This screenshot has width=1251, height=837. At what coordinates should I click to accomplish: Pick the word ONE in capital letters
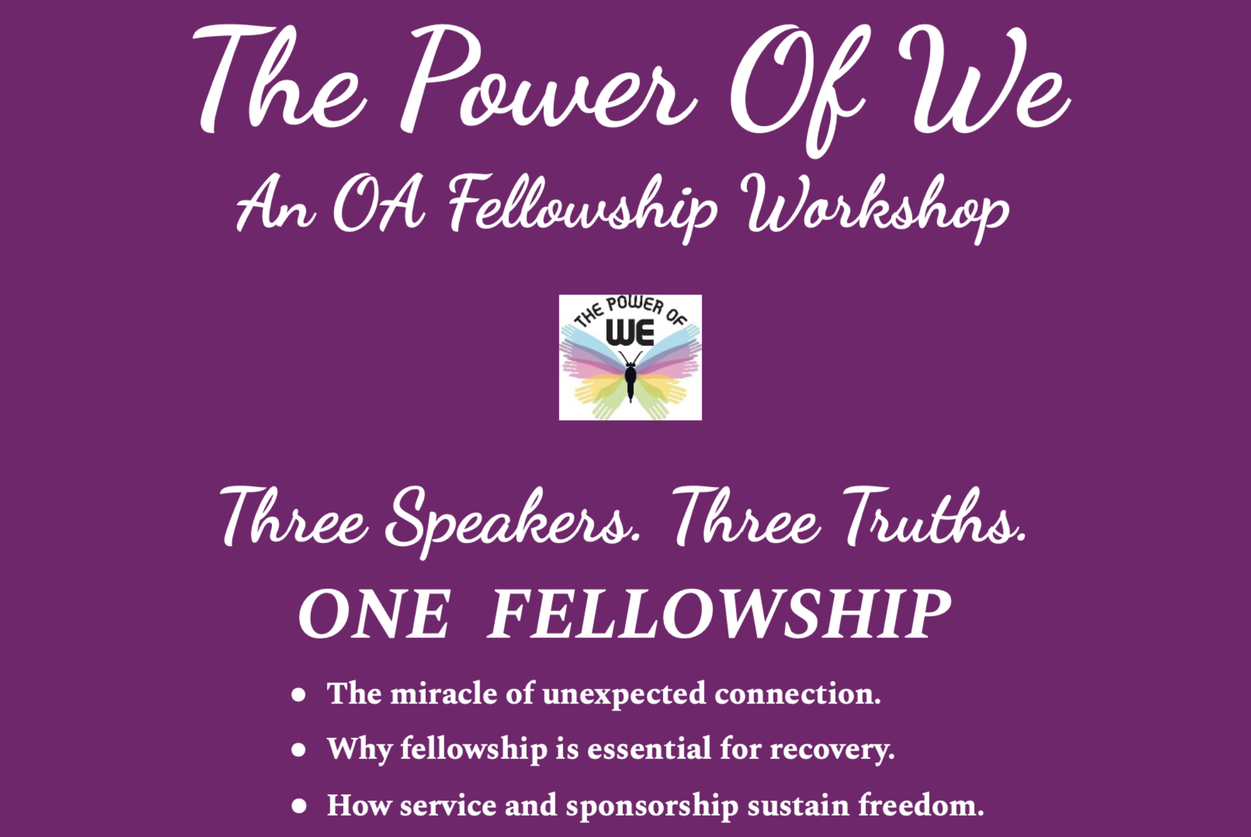pyautogui.click(x=374, y=614)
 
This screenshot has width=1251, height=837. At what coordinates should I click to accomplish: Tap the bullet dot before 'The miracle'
pyautogui.click(x=299, y=695)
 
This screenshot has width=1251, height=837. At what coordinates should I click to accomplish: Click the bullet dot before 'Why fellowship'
pyautogui.click(x=299, y=750)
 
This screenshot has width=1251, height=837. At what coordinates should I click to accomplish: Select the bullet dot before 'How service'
pyautogui.click(x=299, y=806)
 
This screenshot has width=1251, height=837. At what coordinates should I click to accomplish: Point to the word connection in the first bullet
pyautogui.click(x=798, y=694)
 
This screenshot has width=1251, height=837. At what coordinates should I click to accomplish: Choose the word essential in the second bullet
pyautogui.click(x=649, y=749)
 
